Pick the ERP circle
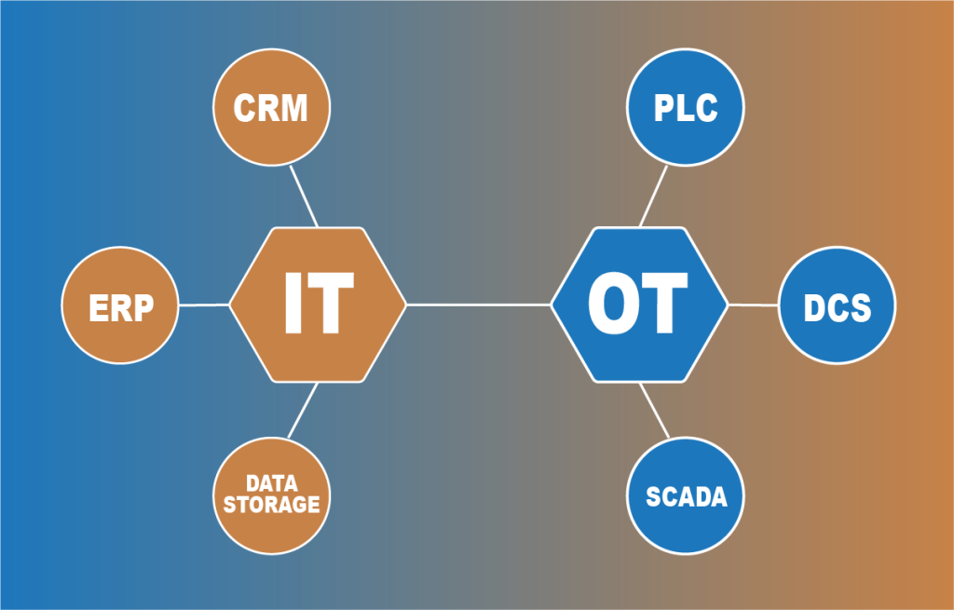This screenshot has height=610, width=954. (x=120, y=305)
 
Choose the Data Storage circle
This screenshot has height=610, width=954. (x=271, y=495)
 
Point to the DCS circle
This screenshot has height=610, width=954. (x=837, y=305)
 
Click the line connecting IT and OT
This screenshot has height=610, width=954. (x=478, y=305)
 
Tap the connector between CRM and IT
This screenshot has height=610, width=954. (x=304, y=197)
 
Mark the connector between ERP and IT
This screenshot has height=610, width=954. (x=203, y=305)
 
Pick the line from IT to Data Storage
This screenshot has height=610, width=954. (x=303, y=411)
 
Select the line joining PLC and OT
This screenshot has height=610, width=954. (x=653, y=197)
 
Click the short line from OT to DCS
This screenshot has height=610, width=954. (x=753, y=305)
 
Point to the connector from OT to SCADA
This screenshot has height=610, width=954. (x=654, y=411)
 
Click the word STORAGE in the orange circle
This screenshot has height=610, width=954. (x=271, y=505)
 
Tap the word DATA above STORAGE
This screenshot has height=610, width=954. (x=271, y=484)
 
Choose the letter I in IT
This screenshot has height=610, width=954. (x=293, y=304)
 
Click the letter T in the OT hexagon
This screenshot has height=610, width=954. (x=667, y=304)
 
